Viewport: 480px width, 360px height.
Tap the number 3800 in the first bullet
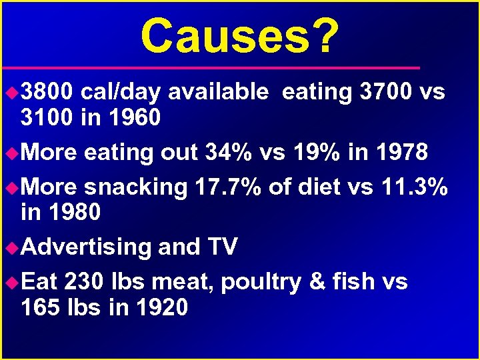(x=47, y=92)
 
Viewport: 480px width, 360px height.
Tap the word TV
(x=223, y=247)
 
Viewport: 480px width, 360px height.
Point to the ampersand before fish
(x=317, y=282)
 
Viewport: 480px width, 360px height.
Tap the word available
(x=218, y=92)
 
